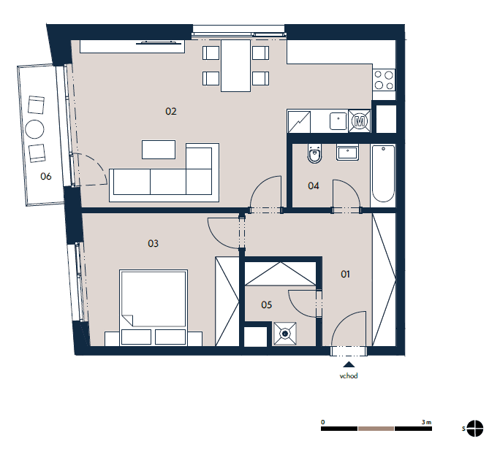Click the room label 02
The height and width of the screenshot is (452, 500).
[171, 111]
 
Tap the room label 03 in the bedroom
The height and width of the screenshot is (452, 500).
[153, 243]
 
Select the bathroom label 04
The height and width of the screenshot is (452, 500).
[314, 185]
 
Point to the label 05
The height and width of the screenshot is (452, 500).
[267, 304]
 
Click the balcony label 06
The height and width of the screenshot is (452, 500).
[46, 176]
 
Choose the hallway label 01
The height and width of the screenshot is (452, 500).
[345, 274]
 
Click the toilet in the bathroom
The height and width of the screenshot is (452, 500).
[314, 153]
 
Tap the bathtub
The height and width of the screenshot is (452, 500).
[383, 173]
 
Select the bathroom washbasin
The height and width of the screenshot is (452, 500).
[347, 153]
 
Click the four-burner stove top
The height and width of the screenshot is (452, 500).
[384, 80]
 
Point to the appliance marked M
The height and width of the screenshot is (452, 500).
[360, 121]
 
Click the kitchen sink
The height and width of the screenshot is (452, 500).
[338, 121]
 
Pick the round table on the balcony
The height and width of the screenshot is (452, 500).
[34, 129]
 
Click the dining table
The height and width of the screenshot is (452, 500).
[235, 66]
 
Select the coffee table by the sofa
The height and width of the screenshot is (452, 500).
[159, 150]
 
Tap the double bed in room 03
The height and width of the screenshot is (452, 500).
[154, 307]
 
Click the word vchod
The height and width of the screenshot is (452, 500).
[349, 376]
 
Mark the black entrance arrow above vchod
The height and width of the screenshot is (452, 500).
[349, 364]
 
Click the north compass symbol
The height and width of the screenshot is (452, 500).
[475, 429]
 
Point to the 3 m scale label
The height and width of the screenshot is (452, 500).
[426, 422]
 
